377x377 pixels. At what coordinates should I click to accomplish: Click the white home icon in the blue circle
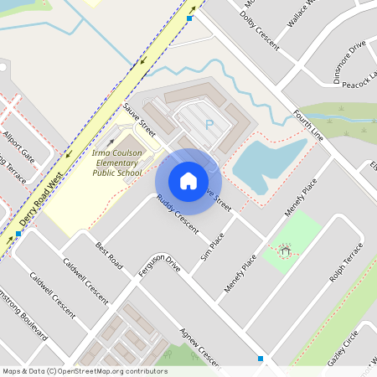(188, 180)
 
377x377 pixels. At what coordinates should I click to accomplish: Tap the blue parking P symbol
(209, 126)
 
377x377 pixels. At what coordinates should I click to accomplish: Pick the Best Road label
(109, 255)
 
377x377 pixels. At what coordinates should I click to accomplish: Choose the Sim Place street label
(213, 245)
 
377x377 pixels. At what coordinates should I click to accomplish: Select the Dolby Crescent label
(259, 27)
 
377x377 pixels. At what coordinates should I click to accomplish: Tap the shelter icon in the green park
(285, 250)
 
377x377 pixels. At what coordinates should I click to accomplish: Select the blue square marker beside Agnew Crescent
(261, 359)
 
